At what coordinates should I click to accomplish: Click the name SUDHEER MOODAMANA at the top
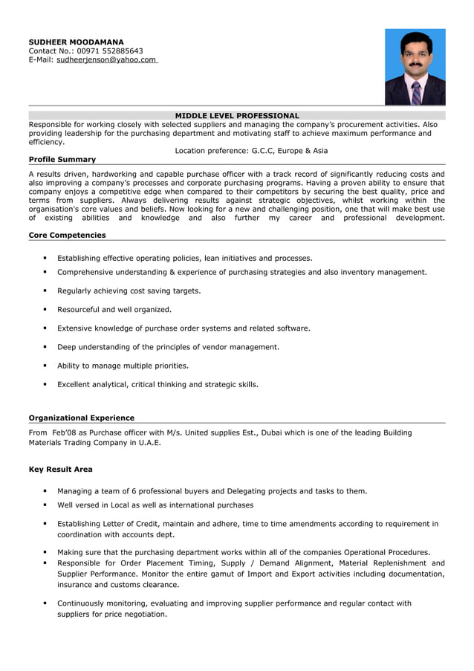tap(76, 42)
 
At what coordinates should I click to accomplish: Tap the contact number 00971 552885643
tap(110, 51)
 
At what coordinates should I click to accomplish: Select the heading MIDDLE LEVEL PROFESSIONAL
tap(237, 115)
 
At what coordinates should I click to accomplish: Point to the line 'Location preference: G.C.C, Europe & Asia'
tap(251, 150)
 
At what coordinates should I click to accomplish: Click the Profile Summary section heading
tap(62, 159)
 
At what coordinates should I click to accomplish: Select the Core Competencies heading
tap(67, 235)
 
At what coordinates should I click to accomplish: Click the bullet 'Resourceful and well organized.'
tap(114, 309)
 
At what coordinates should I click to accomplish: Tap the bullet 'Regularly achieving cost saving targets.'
tap(129, 291)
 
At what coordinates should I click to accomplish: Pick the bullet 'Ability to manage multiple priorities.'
tap(123, 365)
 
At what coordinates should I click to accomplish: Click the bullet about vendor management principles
tap(169, 346)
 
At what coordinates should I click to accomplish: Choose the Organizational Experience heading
tap(81, 418)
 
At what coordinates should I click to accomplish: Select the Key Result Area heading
tap(60, 469)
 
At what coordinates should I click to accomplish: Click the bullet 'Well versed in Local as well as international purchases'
tap(155, 505)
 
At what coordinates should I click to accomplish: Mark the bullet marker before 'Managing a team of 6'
tap(45, 490)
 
